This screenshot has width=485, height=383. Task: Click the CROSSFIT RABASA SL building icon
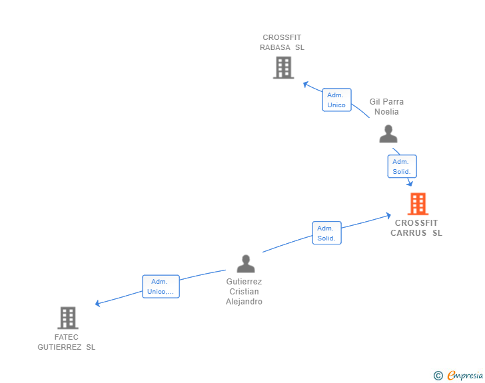tap(283, 67)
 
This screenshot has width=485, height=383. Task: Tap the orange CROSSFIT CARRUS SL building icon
tap(418, 204)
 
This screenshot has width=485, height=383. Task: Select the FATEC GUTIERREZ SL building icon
tap(67, 318)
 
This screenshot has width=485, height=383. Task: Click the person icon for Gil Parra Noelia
tap(388, 134)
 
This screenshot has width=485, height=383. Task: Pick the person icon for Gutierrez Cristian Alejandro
tap(246, 264)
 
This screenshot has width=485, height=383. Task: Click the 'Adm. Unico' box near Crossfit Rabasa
tap(336, 100)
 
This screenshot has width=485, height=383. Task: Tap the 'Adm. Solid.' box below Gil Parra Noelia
tap(402, 167)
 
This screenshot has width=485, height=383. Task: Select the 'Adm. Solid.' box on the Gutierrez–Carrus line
tap(326, 233)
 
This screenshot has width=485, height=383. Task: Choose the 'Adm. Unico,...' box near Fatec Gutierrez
tap(161, 286)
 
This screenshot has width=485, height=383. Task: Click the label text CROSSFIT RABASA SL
tap(282, 43)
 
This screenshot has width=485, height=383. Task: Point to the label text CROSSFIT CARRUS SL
tap(416, 228)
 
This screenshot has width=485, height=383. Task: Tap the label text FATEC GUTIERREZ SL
tap(67, 342)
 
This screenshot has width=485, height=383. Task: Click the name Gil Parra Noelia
tap(386, 107)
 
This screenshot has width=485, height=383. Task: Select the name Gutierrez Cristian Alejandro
tap(244, 292)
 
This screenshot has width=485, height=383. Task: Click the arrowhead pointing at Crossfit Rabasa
tap(306, 84)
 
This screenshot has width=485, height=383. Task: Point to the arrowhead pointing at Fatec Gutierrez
tap(98, 303)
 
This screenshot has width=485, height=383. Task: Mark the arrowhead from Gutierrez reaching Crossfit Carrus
tap(388, 215)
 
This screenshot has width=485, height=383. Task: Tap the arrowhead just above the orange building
tap(410, 183)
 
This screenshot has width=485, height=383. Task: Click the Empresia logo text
tap(465, 376)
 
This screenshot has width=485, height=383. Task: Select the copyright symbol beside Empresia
tap(438, 376)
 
